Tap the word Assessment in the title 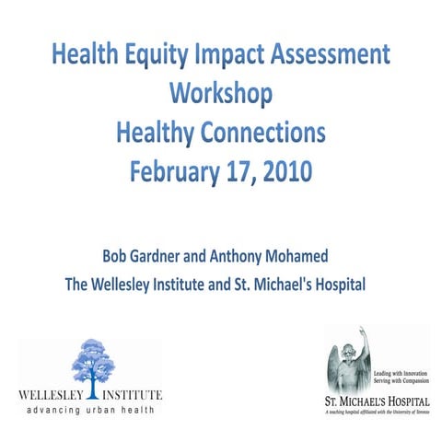coord(329,55)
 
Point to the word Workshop coord(221,95)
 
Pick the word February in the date coord(178,173)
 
